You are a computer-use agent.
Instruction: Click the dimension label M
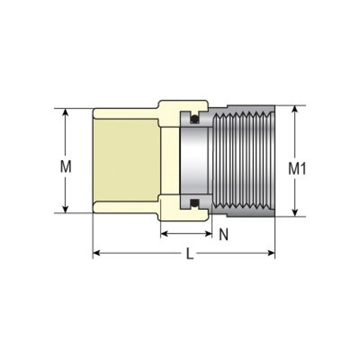(x=66, y=166)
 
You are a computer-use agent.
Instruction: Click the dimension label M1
(x=297, y=169)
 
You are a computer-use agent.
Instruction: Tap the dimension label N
(x=224, y=235)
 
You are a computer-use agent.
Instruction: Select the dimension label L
(x=190, y=254)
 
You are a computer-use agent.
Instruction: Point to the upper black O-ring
(x=195, y=119)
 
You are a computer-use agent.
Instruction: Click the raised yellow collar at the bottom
(x=183, y=216)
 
